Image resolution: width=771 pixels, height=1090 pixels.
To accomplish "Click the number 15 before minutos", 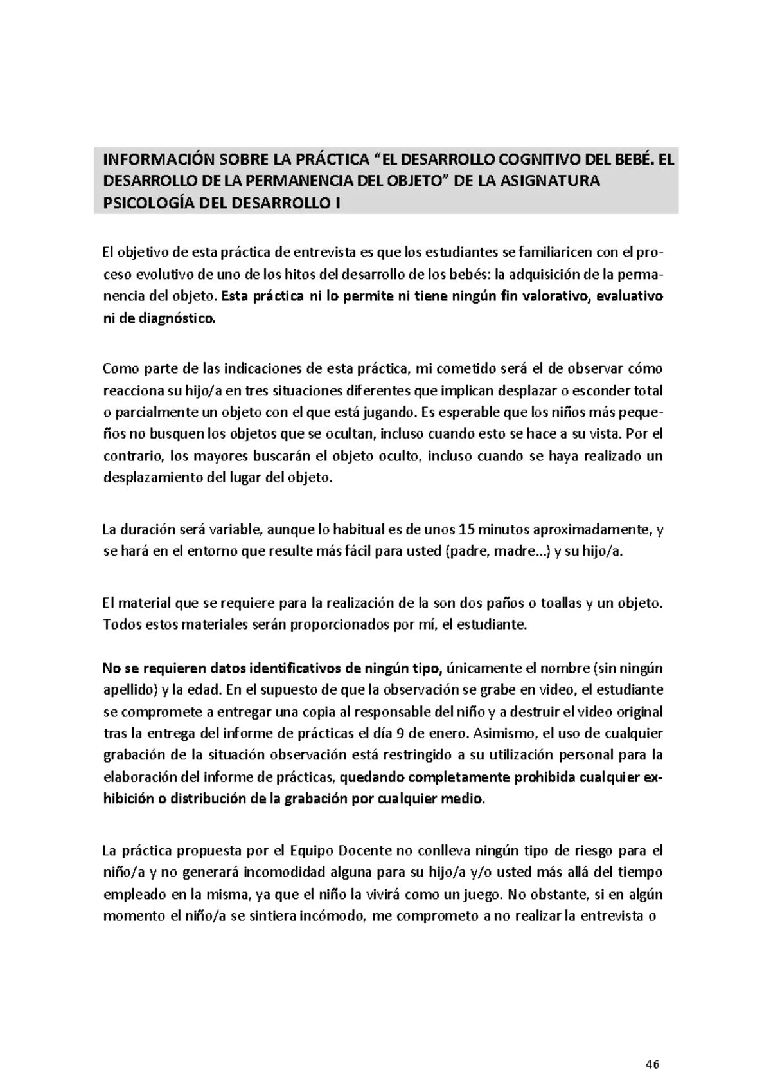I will coord(468,530).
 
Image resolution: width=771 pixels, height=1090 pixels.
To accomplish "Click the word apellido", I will coord(131,690).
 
